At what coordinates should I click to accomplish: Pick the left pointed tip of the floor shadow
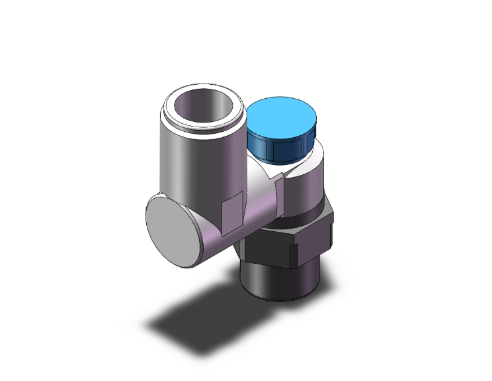coord(149,326)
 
